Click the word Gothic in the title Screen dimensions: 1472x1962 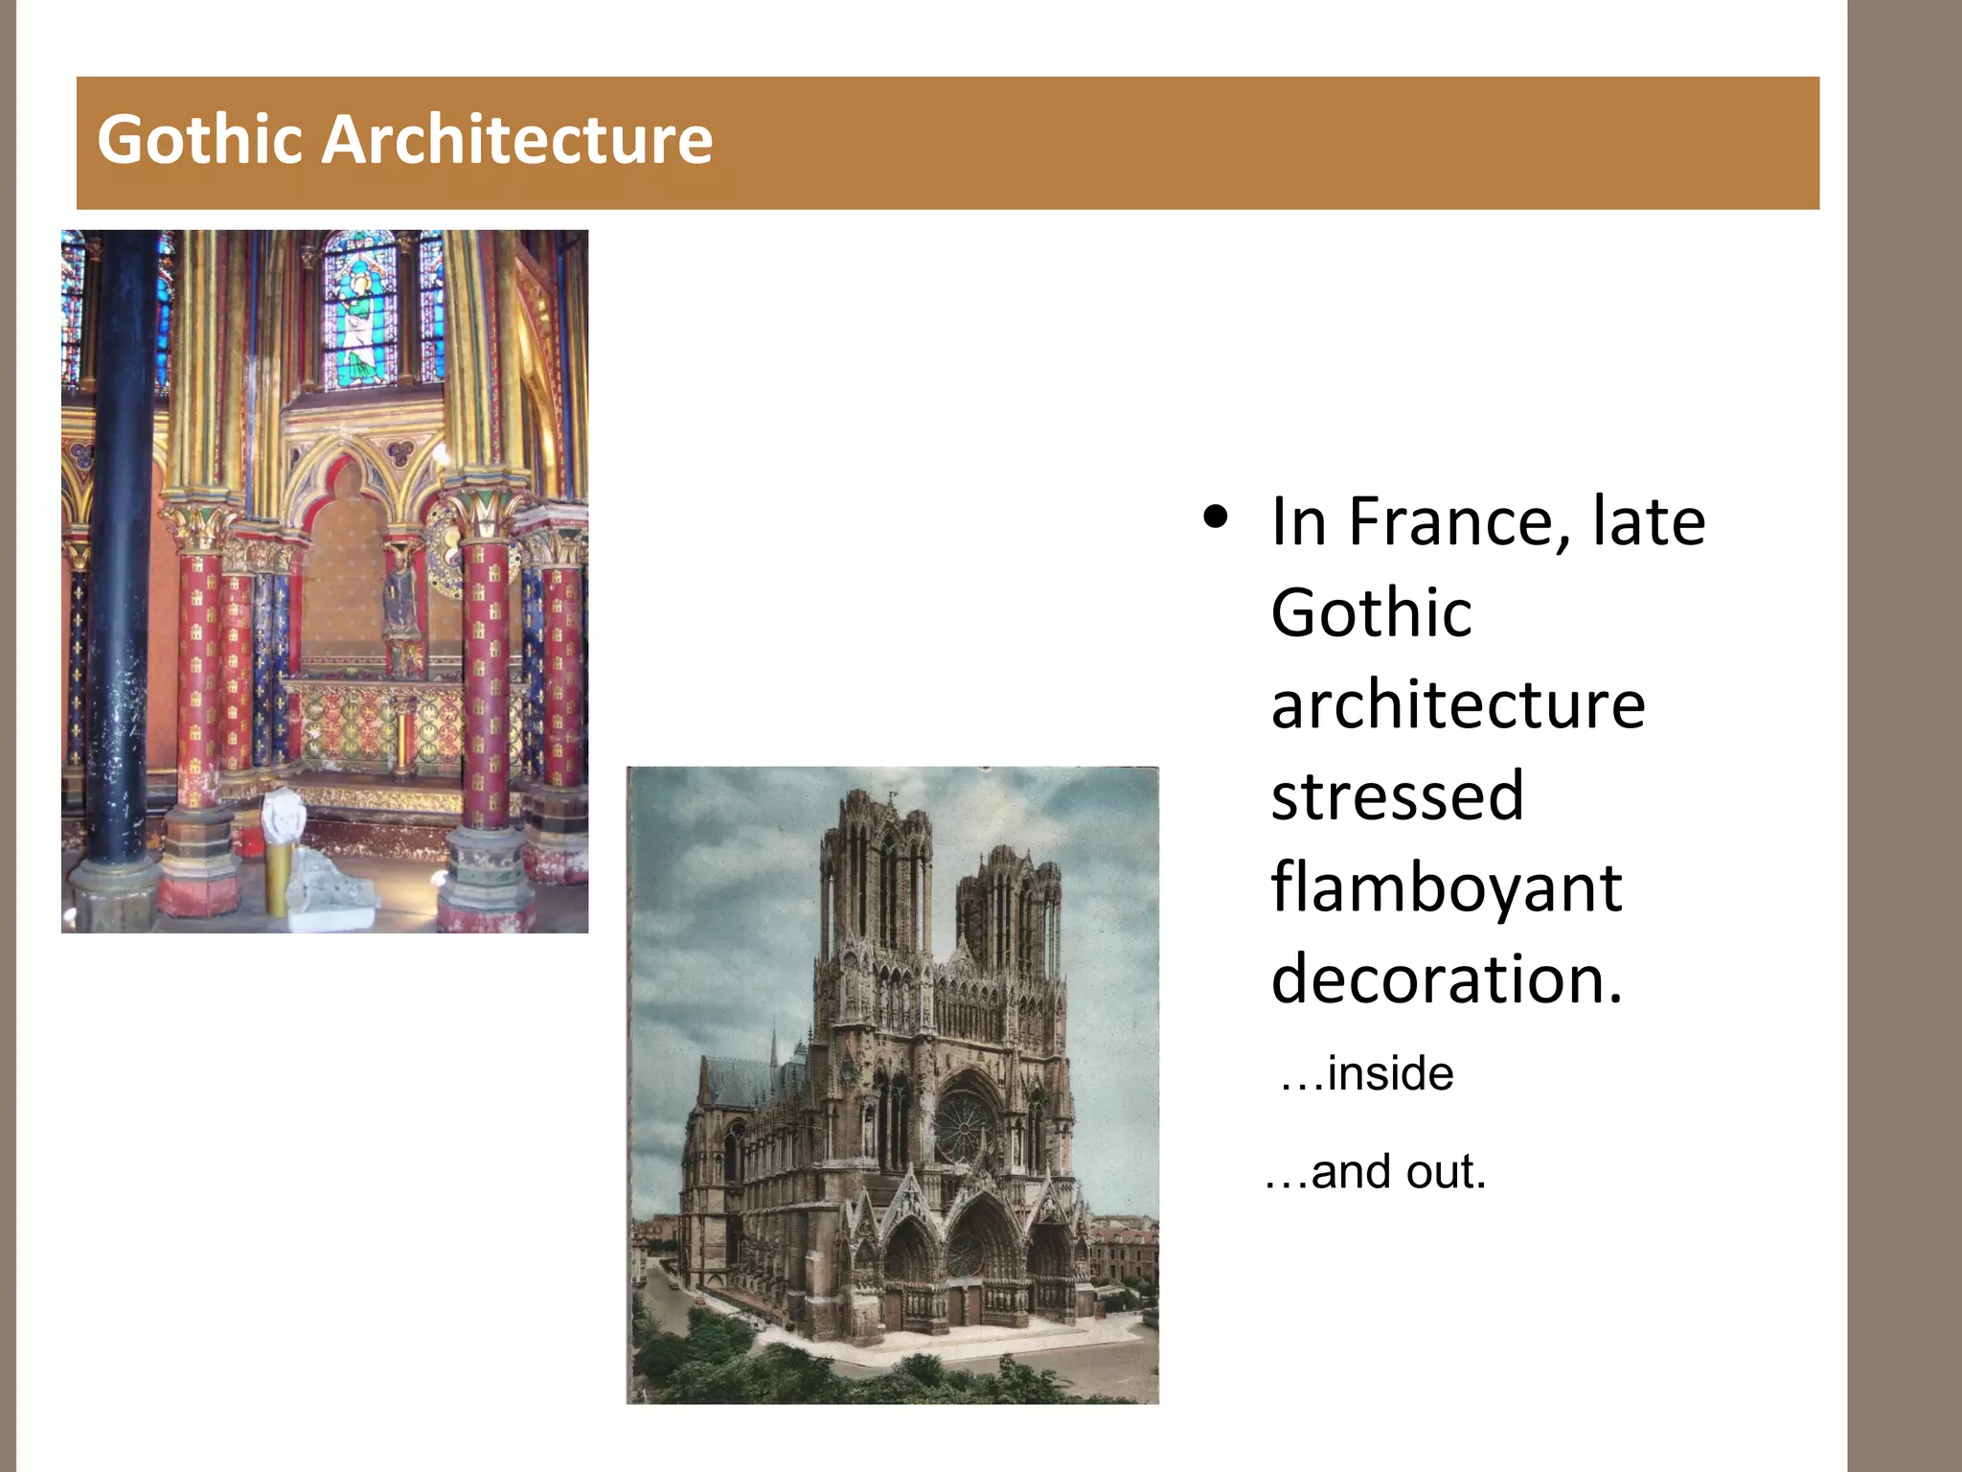click(200, 140)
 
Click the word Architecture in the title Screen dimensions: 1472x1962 click(516, 140)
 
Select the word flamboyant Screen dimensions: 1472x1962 click(1447, 888)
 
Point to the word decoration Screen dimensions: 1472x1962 click(1447, 979)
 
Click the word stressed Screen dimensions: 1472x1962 click(1397, 796)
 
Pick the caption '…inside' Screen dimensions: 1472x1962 click(1367, 1073)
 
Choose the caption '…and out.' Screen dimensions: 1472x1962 click(1376, 1172)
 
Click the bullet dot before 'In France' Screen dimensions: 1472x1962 click(1216, 518)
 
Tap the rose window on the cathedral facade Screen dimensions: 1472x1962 click(964, 1123)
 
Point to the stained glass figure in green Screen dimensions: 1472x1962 click(359, 326)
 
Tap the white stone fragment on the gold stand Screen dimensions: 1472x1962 click(284, 815)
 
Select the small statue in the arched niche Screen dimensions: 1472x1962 click(400, 604)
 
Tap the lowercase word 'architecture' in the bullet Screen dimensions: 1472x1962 click(1457, 705)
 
